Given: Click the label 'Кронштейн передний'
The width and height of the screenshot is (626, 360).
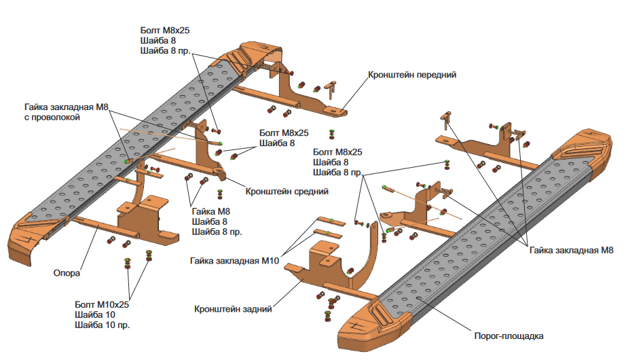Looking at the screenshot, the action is coord(412,75).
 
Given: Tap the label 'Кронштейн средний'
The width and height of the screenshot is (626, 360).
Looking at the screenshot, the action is coord(287,192).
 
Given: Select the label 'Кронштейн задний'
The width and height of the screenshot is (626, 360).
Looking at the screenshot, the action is coord(233,309).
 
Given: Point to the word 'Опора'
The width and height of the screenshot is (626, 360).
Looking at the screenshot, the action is coord(67,273).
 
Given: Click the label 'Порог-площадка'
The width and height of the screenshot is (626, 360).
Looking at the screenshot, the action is coord(509,336).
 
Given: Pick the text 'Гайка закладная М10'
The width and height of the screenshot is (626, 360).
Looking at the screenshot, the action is coord(234,261).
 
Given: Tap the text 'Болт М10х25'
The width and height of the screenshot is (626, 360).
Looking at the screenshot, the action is coord(102,304).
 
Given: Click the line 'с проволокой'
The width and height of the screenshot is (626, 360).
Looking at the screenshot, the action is coord(52,118).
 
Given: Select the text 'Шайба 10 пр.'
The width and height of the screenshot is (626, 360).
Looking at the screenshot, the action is coord(103,325).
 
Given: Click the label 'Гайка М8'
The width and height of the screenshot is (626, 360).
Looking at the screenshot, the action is coord(210,211).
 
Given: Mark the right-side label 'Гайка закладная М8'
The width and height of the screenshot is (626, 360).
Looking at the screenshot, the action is coord(571,251).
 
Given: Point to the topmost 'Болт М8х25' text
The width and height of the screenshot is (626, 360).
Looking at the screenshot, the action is coord(165,31).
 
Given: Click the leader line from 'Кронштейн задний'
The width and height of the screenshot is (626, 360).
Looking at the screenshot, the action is coord(287,293).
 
